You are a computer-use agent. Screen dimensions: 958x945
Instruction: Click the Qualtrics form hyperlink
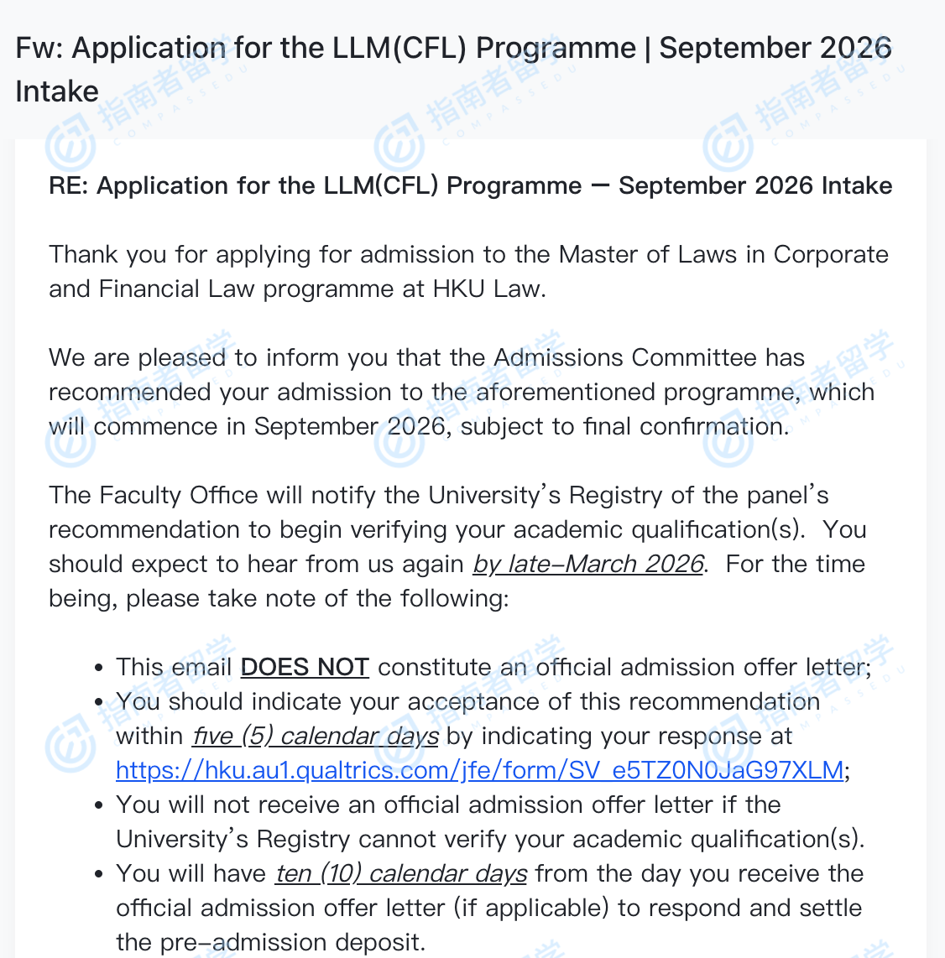click(479, 770)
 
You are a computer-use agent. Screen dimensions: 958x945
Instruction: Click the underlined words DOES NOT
click(305, 667)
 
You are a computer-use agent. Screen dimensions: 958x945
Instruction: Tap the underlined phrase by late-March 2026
click(587, 564)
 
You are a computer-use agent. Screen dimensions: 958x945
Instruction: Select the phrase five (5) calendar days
click(316, 736)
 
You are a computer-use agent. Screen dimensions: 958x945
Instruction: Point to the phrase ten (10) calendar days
click(401, 873)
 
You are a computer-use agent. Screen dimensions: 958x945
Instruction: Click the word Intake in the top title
click(57, 91)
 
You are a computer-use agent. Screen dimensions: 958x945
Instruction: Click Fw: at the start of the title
click(39, 48)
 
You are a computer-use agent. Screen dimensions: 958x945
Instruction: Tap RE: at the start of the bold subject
click(69, 185)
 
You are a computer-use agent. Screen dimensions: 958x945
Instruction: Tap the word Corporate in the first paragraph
click(831, 254)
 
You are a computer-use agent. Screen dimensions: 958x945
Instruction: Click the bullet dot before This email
click(99, 669)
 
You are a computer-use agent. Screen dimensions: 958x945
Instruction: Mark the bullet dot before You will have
click(99, 875)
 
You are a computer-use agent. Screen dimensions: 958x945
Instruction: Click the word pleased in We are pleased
click(182, 357)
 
